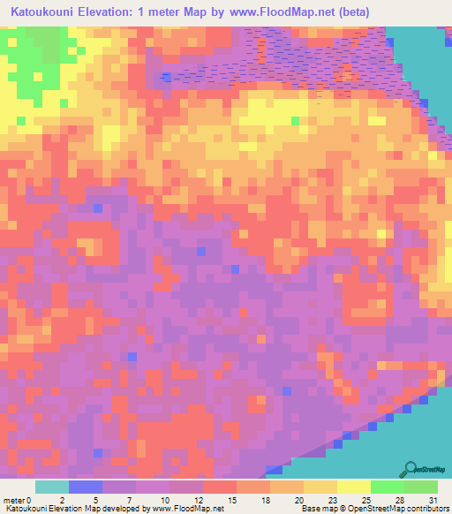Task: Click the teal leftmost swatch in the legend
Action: pyautogui.click(x=52, y=487)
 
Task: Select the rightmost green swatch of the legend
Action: pyautogui.click(x=421, y=487)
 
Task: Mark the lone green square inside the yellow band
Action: pyautogui.click(x=295, y=121)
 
